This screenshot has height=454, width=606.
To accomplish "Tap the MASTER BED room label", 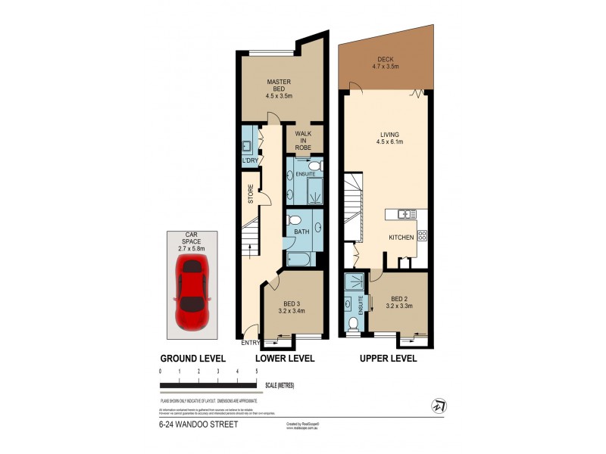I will coord(280,89).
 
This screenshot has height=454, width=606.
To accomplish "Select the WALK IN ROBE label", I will coord(304,141).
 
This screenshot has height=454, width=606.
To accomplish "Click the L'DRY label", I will coord(249,161).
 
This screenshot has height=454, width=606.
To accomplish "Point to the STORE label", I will coord(250,194).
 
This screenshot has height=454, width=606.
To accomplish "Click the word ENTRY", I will coord(250,343).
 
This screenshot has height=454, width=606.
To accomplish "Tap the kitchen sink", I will coord(407,214).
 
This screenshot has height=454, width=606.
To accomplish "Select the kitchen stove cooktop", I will coord(422,236).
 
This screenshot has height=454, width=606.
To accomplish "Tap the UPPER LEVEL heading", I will coord(387,359).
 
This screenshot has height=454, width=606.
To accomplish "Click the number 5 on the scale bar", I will coord(257,372).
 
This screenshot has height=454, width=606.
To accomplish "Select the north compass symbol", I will coord(437,407).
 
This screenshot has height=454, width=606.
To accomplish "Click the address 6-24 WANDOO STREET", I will coord(198,424).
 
